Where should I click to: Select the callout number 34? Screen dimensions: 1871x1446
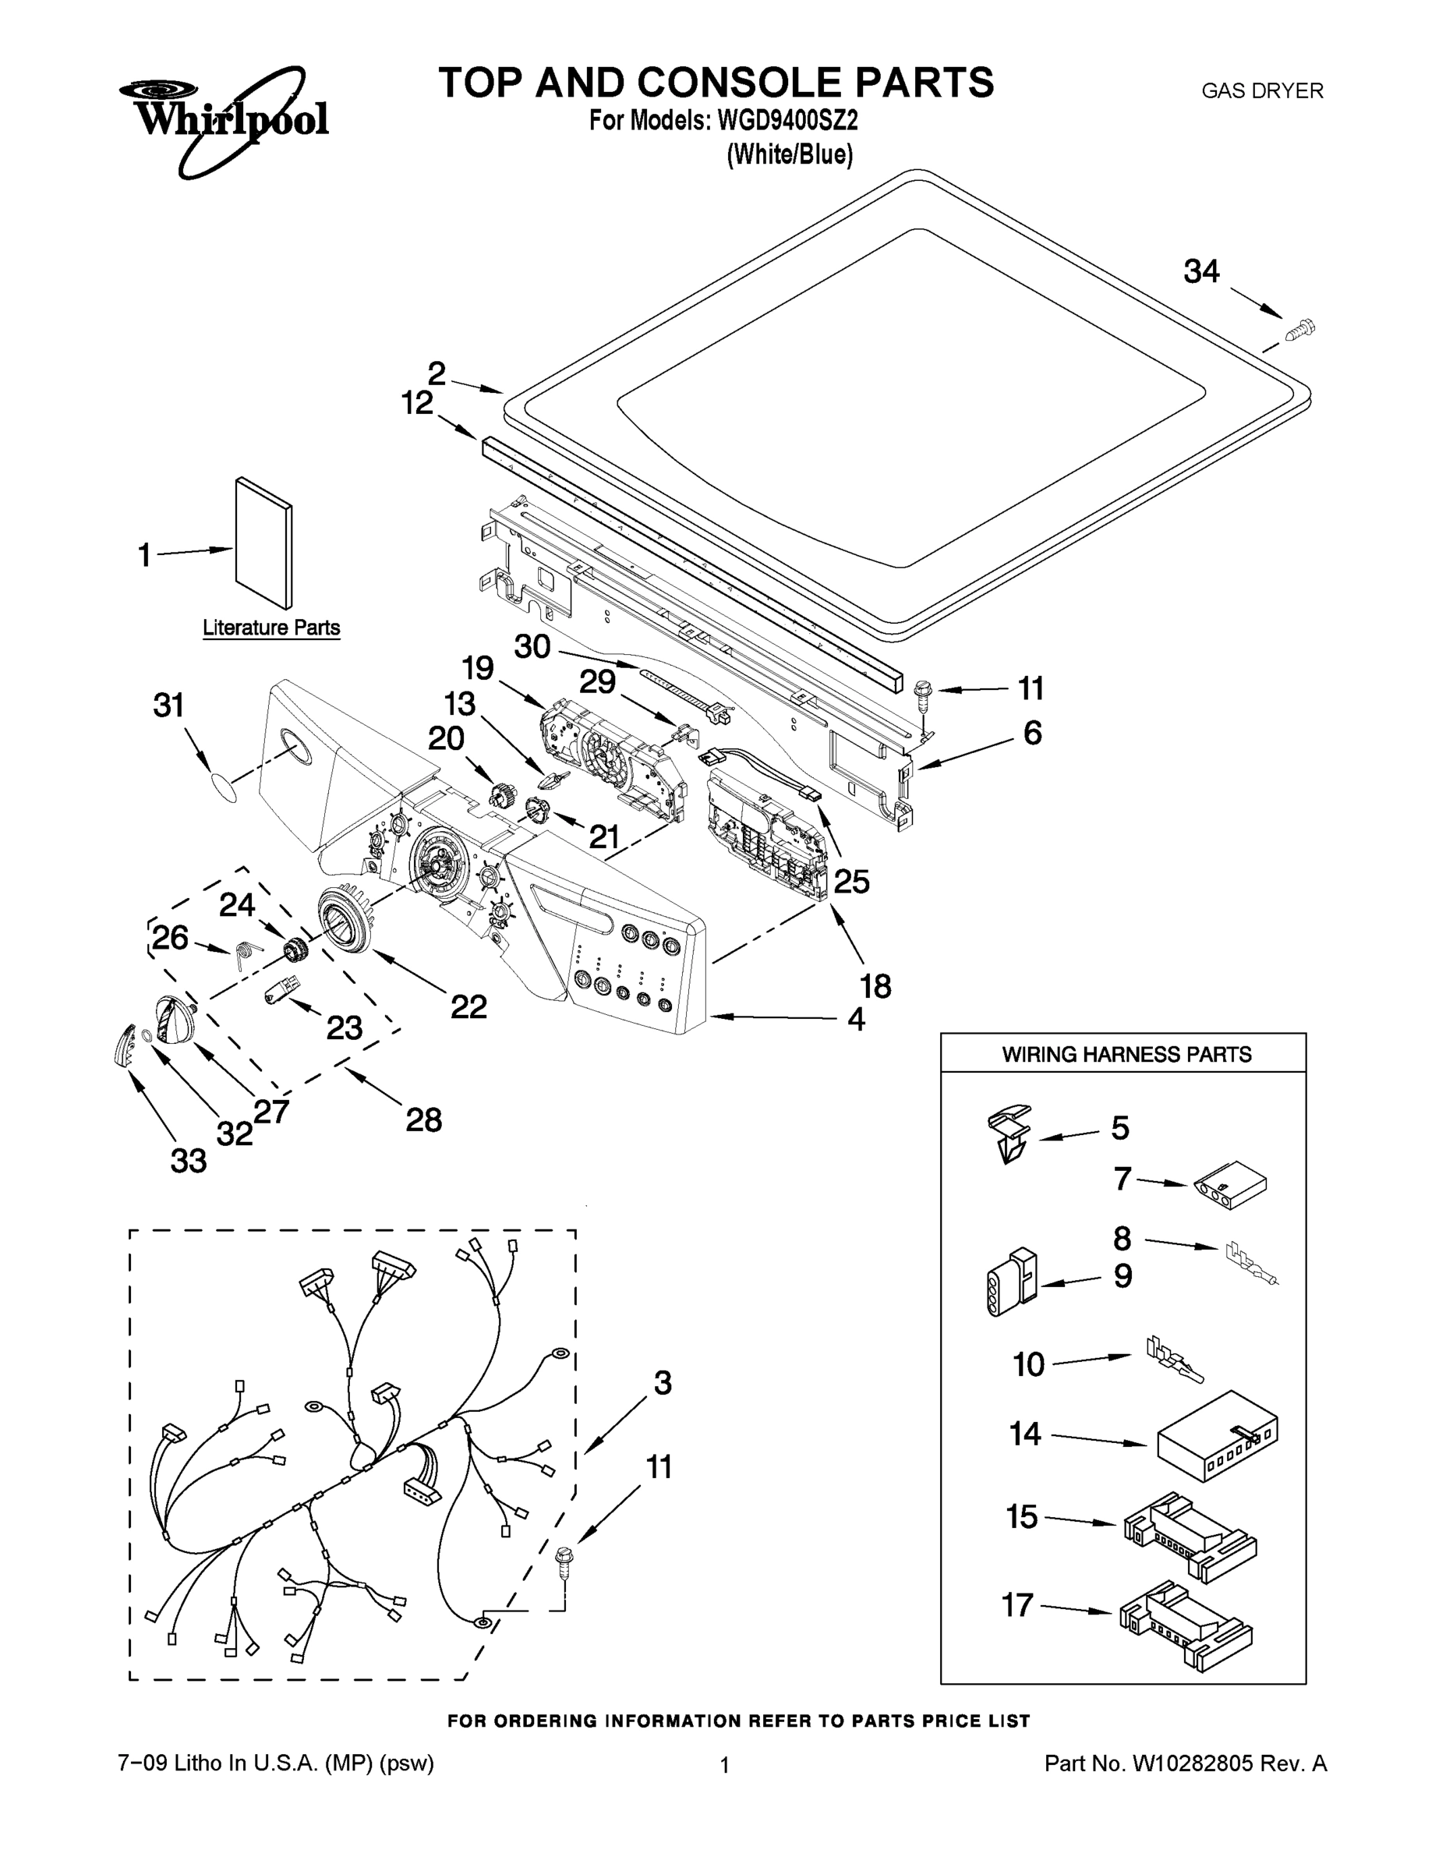coord(1201,271)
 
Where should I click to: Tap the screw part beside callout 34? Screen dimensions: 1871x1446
coord(1300,329)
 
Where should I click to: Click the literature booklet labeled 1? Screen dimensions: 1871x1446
coord(263,543)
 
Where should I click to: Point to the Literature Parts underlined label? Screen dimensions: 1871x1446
coord(270,628)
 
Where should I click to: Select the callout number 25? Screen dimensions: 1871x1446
coord(851,881)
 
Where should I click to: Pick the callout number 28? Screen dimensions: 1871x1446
coord(423,1119)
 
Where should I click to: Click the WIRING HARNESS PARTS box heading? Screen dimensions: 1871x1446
coord(1126,1055)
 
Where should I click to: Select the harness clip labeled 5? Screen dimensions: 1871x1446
coord(1011,1132)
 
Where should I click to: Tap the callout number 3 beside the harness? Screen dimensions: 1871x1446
coord(662,1383)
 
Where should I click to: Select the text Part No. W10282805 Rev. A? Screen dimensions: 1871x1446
coord(1186,1763)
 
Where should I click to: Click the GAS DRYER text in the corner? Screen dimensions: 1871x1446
coord(1262,90)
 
